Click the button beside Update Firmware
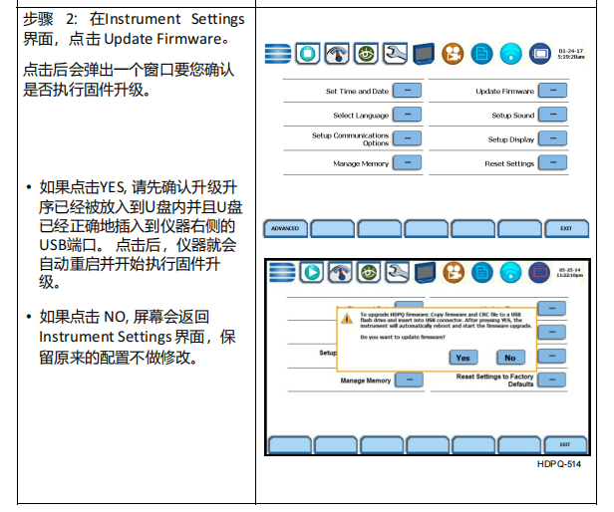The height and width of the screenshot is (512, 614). (552, 91)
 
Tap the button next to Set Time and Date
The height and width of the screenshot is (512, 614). (407, 91)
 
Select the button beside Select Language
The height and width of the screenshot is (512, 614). (407, 115)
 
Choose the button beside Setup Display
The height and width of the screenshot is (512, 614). (552, 138)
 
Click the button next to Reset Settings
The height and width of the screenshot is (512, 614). (552, 162)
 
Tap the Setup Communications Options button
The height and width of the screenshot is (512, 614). (407, 138)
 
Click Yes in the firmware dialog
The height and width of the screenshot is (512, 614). (463, 357)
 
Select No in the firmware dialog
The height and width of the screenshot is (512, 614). (509, 357)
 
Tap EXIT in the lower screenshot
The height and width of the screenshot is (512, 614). (564, 444)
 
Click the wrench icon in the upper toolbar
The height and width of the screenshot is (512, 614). (396, 52)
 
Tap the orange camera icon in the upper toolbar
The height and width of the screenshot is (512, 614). (455, 52)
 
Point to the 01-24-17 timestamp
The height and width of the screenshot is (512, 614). (570, 48)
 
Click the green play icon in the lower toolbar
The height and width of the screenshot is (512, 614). (310, 272)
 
